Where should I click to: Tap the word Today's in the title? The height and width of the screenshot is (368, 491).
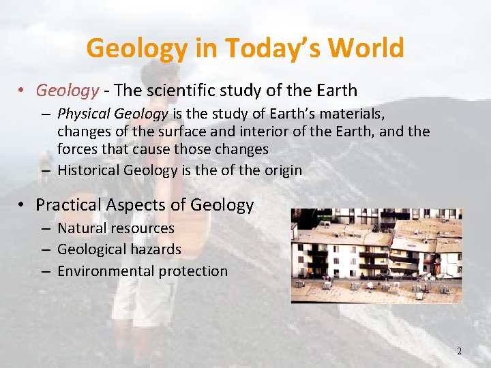point(262,48)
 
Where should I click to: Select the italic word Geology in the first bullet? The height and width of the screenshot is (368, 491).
point(68,90)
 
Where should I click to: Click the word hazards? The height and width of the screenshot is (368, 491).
point(158,249)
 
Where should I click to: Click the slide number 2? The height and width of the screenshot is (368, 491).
point(459,351)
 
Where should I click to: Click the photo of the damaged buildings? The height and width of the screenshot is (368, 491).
point(376,256)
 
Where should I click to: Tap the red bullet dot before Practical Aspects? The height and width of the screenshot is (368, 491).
point(23,204)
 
